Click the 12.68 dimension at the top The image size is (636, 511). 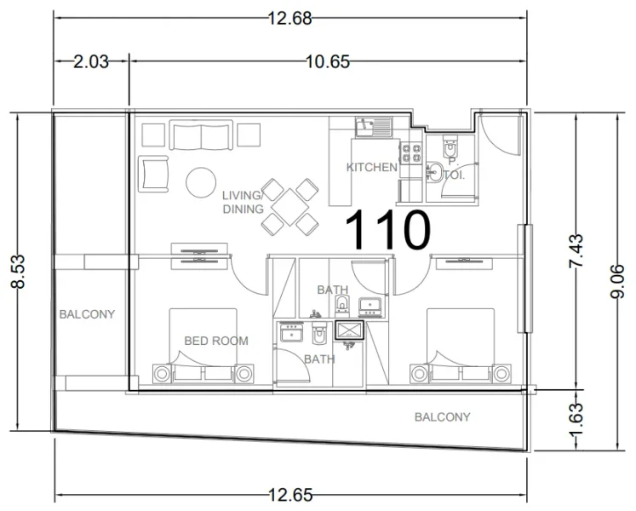(289, 18)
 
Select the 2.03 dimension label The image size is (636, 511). (91, 61)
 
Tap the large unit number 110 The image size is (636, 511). (387, 230)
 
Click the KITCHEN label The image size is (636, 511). (372, 167)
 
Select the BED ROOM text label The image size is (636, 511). (216, 341)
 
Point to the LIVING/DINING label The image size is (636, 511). (243, 201)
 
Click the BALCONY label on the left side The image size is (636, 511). (87, 314)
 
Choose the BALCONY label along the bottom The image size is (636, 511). (442, 416)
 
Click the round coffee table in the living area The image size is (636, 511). (202, 181)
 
